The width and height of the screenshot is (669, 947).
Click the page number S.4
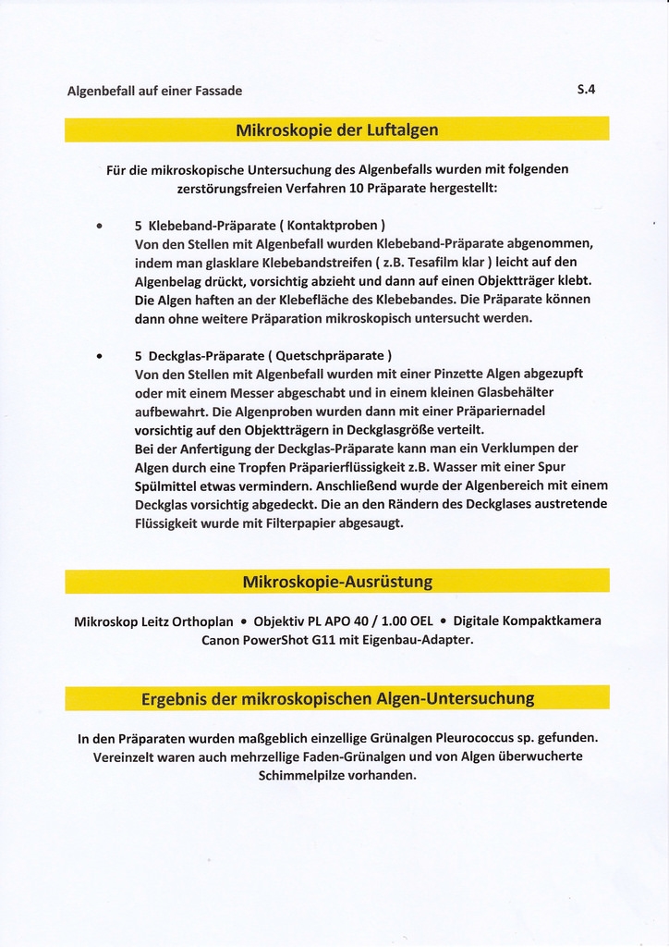tap(586, 90)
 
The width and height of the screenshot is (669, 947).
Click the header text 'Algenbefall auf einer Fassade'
tap(154, 91)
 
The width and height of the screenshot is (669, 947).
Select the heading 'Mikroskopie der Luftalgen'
tap(336, 129)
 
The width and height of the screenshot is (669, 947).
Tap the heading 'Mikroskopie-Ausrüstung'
tap(337, 582)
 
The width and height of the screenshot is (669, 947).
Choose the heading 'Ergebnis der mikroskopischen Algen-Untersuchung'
tap(337, 698)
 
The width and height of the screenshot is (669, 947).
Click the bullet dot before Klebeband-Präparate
tap(99, 225)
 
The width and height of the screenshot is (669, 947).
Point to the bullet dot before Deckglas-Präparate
tap(99, 355)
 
